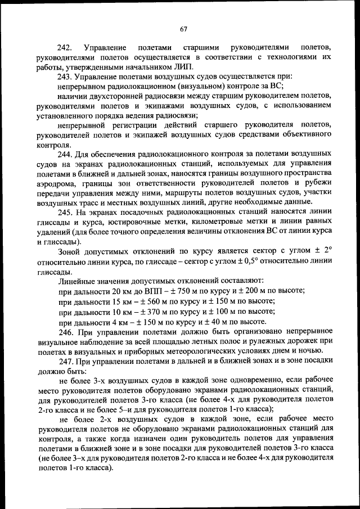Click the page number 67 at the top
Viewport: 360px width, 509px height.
tap(183, 29)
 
